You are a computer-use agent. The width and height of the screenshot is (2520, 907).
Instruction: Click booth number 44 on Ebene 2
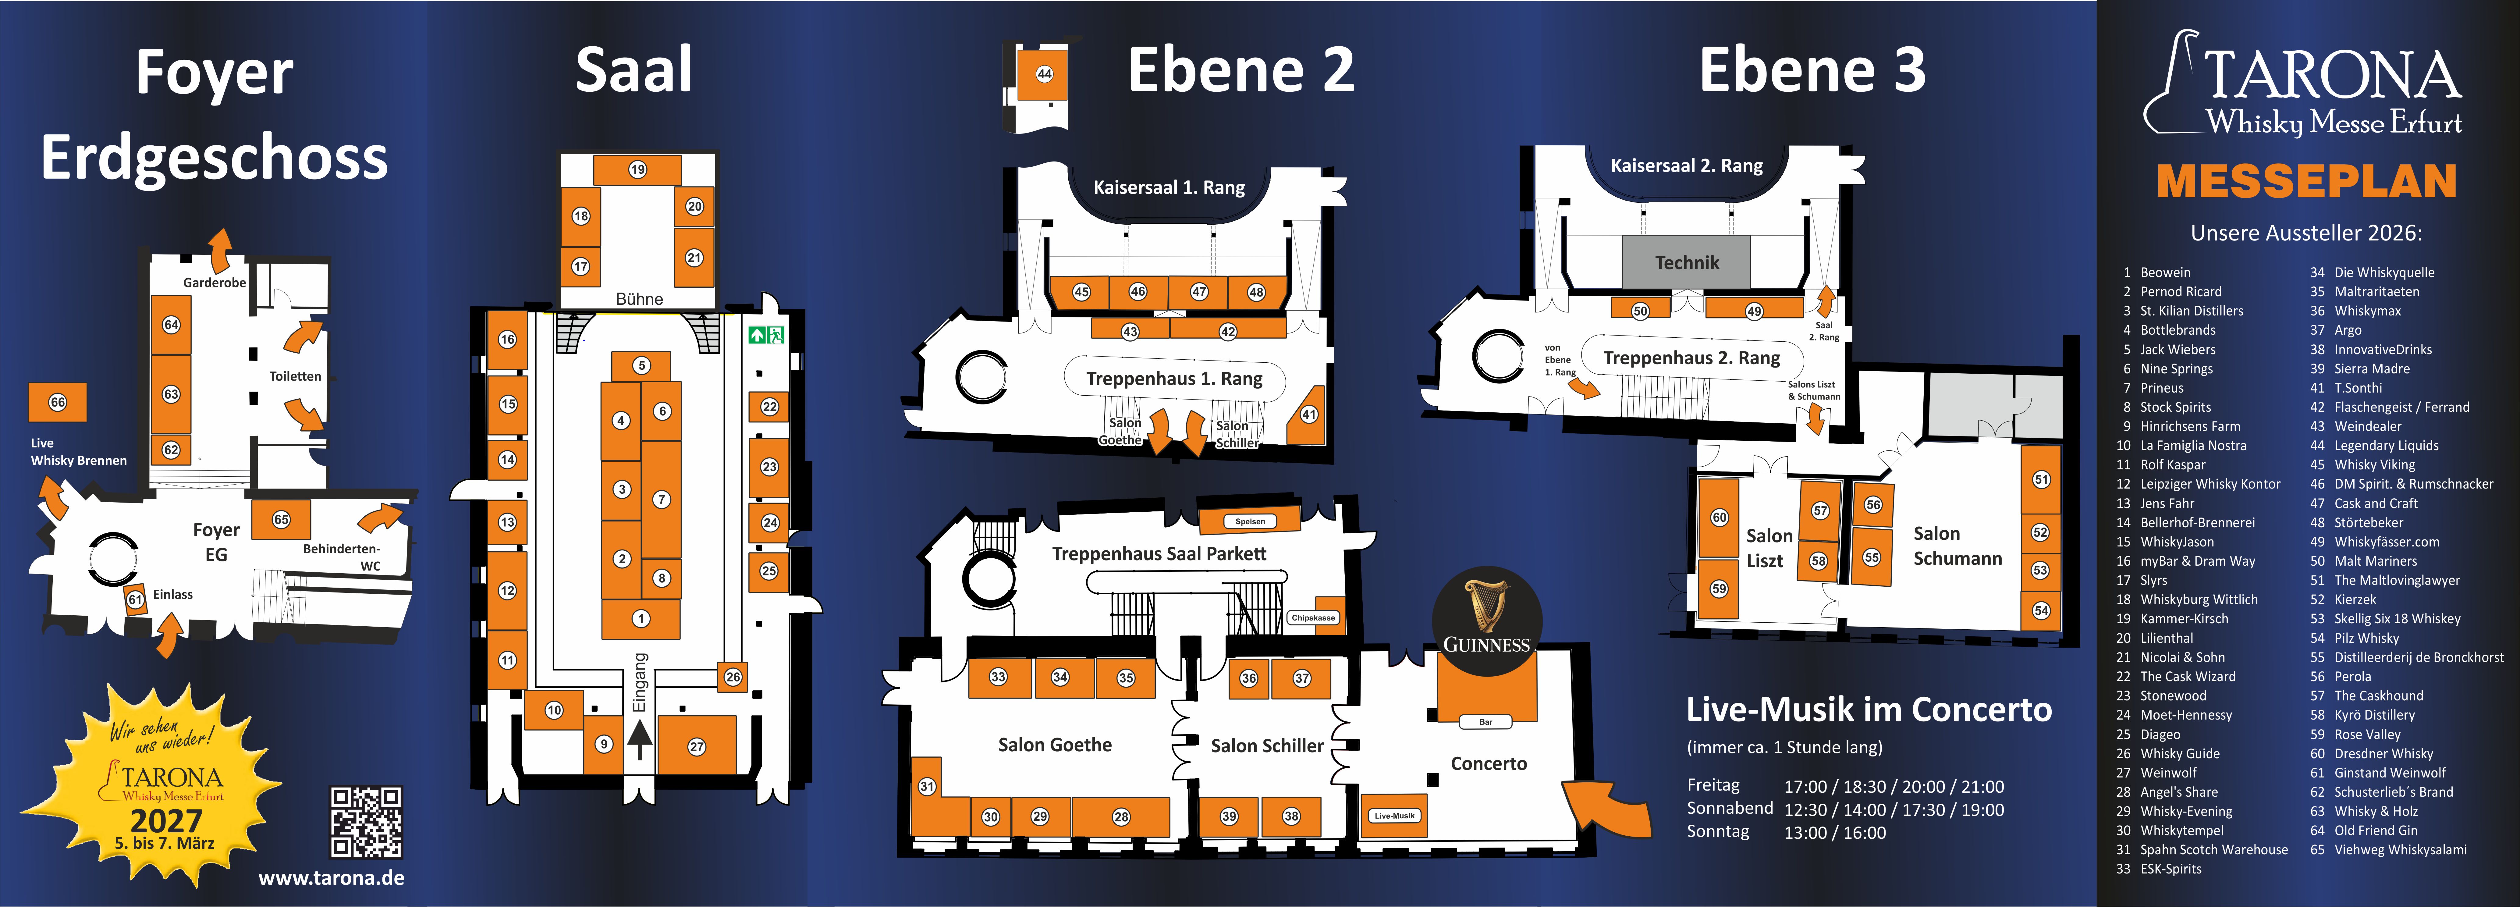click(x=1044, y=74)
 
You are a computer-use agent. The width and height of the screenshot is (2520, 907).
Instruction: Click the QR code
click(x=366, y=822)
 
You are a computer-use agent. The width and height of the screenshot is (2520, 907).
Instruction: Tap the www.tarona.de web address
click(x=331, y=878)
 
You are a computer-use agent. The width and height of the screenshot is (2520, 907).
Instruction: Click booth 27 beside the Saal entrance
click(x=697, y=747)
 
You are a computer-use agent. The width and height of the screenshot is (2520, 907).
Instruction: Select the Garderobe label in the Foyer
click(x=214, y=283)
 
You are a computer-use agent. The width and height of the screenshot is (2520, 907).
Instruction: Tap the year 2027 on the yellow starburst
click(x=166, y=820)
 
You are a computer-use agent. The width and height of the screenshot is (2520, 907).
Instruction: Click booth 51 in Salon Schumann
click(x=2041, y=479)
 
